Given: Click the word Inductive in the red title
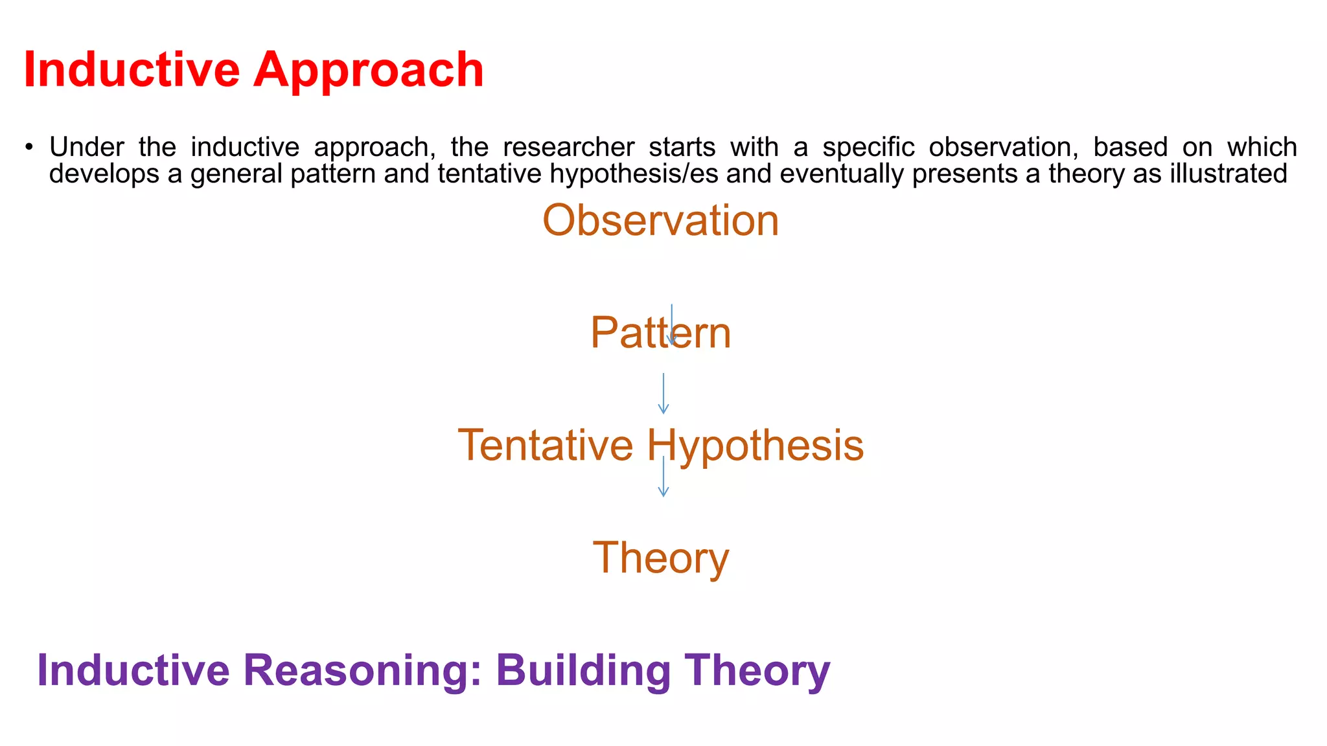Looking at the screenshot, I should (132, 69).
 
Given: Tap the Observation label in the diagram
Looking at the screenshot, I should (660, 220).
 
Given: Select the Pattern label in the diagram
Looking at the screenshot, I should (660, 333).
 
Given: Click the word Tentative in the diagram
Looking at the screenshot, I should (545, 446).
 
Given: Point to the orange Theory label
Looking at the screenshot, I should (660, 558).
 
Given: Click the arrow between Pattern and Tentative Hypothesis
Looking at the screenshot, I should (663, 393).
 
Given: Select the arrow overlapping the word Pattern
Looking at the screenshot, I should (671, 324).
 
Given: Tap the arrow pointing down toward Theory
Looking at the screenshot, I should (663, 477).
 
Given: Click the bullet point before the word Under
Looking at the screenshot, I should (29, 148).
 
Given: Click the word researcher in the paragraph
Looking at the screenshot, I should (568, 148).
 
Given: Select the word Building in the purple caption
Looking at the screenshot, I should (583, 670).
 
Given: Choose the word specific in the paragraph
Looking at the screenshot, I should (868, 148).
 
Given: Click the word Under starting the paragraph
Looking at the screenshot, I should (86, 148).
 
